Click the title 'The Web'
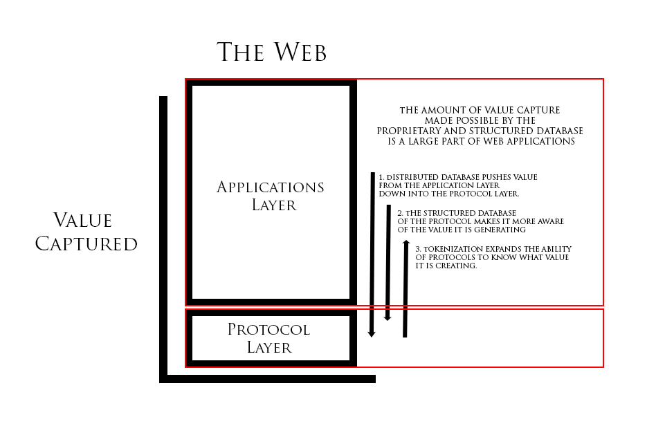click(x=271, y=53)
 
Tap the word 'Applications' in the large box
click(x=270, y=187)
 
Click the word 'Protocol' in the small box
click(x=268, y=330)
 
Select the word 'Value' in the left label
click(x=82, y=221)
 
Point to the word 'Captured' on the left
click(x=86, y=244)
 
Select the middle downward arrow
click(x=388, y=263)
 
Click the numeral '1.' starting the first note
click(x=381, y=178)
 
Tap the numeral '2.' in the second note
click(x=400, y=213)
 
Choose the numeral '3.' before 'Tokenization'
click(x=418, y=249)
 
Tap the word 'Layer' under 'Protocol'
click(x=269, y=348)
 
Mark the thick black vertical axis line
click(x=163, y=235)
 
